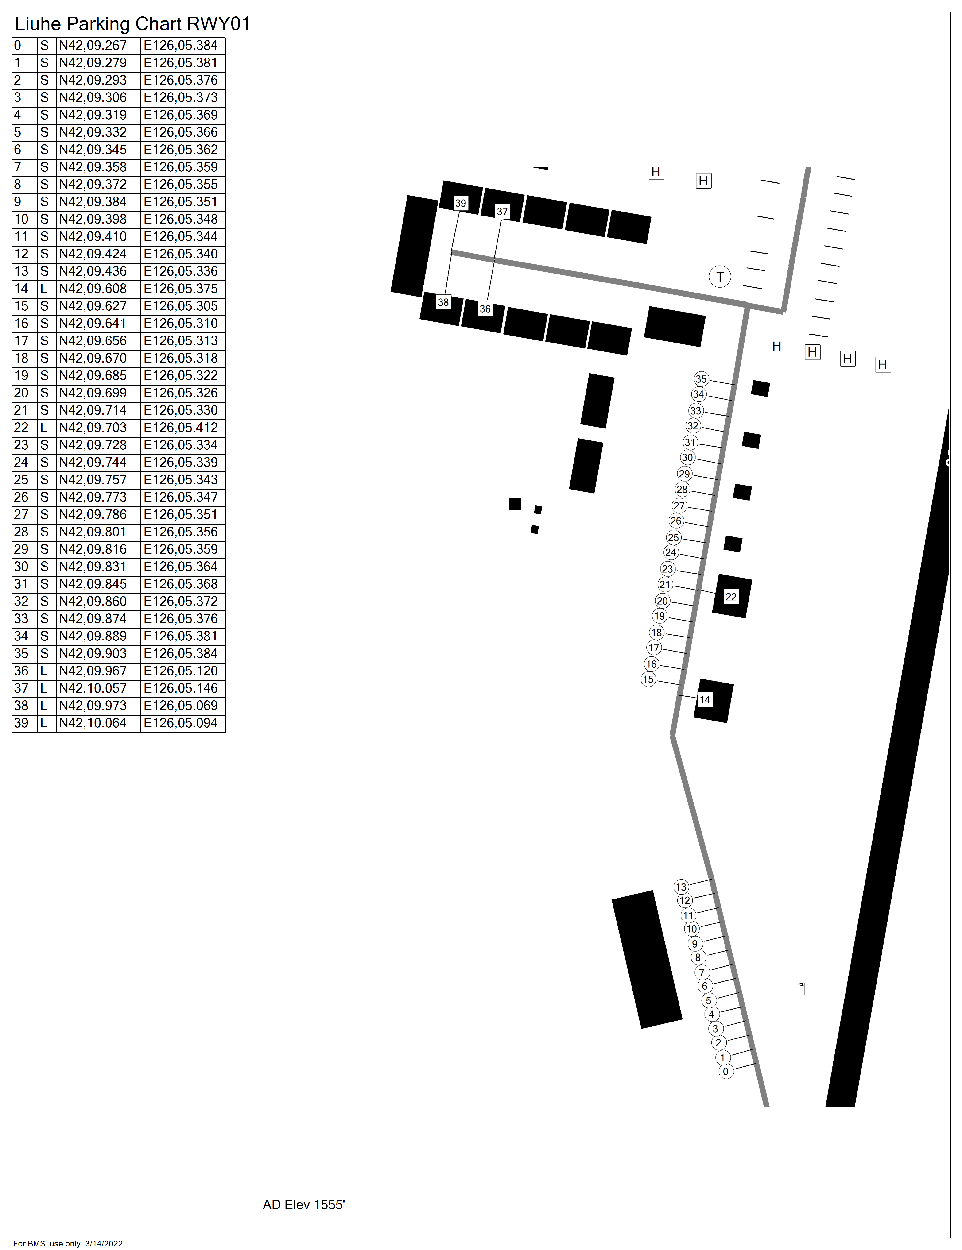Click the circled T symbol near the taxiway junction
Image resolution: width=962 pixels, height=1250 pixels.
coord(720,277)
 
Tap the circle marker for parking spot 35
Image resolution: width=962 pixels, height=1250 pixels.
coord(701,379)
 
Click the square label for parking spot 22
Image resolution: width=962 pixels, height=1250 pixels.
coord(731,597)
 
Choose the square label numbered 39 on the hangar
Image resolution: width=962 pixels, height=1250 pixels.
coord(460,203)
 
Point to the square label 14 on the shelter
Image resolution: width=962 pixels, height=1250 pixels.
coord(705,699)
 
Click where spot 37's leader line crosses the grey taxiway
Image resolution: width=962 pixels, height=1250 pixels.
coord(495,260)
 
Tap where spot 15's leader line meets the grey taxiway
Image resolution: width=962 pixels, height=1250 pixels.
coord(681,685)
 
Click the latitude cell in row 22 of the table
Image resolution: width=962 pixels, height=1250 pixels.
coord(98,428)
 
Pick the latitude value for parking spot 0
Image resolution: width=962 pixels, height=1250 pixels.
coord(93,46)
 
